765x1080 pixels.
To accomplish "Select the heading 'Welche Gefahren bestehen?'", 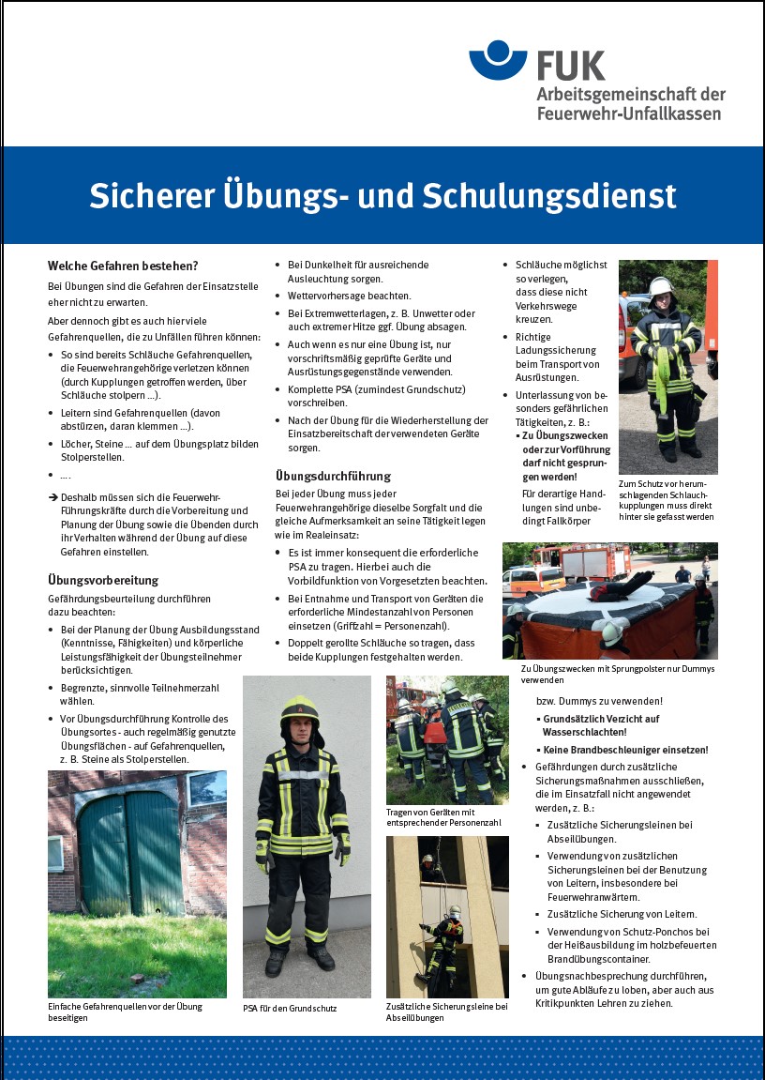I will pyautogui.click(x=123, y=266).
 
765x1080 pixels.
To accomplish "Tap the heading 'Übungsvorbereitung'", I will pyautogui.click(x=103, y=580).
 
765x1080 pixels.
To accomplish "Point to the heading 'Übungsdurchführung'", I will pyautogui.click(x=333, y=476).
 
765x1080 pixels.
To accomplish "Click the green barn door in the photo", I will pyautogui.click(x=130, y=854).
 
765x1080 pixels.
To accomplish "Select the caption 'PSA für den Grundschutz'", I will pyautogui.click(x=289, y=1009).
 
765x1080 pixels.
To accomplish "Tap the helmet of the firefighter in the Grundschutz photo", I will pyautogui.click(x=300, y=711).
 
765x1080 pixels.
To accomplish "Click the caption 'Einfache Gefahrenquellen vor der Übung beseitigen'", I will pyautogui.click(x=125, y=1012).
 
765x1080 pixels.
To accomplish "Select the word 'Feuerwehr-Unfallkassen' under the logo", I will pyautogui.click(x=629, y=114).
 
